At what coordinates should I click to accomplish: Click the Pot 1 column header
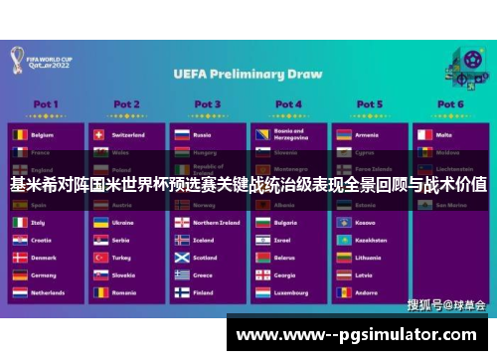pyautogui.click(x=46, y=103)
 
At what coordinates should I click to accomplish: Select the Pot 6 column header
pyautogui.click(x=450, y=103)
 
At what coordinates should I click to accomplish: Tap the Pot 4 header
pyautogui.click(x=288, y=103)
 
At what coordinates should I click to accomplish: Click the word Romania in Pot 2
pyautogui.click(x=125, y=293)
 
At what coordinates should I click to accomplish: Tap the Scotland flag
pyautogui.click(x=181, y=258)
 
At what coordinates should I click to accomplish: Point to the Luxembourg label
pyautogui.click(x=294, y=293)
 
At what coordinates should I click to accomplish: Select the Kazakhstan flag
pyautogui.click(x=343, y=241)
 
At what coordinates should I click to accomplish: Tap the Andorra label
pyautogui.click(x=369, y=293)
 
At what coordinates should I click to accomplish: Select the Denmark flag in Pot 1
pyautogui.click(x=20, y=258)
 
